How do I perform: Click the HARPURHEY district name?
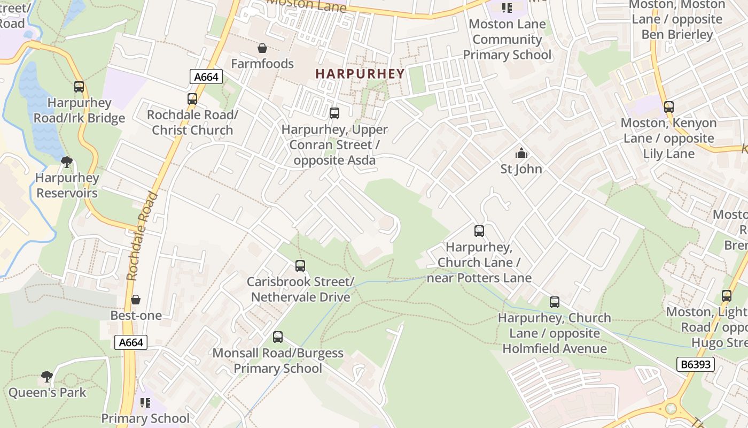[360, 74]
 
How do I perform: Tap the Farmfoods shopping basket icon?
[262, 49]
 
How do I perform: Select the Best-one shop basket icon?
[136, 300]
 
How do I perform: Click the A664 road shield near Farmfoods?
[206, 77]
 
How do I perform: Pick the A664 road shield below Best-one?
[131, 342]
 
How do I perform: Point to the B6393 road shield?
[695, 364]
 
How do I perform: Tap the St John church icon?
[521, 154]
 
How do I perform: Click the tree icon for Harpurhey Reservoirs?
[67, 162]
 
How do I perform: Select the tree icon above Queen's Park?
[47, 377]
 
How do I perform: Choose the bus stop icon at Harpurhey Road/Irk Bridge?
[79, 87]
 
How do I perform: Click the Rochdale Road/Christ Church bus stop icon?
[192, 99]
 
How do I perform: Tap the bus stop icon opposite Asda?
[334, 113]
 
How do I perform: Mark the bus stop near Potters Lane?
[479, 231]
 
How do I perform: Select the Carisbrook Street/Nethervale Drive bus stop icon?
[300, 266]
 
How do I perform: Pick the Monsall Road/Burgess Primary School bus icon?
[278, 337]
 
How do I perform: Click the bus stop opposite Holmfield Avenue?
[555, 302]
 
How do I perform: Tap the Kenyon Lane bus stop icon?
[669, 107]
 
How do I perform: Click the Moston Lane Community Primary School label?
[507, 40]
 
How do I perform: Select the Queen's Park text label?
[47, 393]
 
